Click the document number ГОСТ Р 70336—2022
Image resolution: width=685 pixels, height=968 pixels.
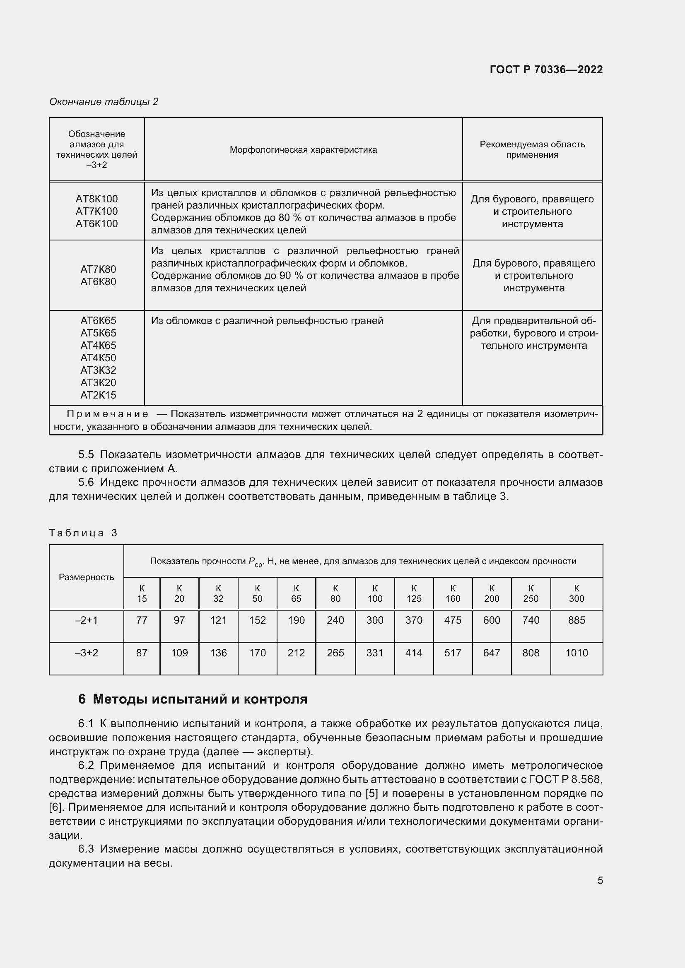[546, 70]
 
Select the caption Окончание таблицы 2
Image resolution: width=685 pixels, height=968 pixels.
[104, 102]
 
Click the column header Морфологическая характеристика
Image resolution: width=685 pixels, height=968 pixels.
[303, 150]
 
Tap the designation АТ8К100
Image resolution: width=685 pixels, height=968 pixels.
[96, 199]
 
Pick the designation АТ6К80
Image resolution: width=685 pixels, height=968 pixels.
[98, 282]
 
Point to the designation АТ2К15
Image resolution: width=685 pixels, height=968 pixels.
[98, 395]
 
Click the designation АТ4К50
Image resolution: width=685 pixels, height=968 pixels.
[98, 358]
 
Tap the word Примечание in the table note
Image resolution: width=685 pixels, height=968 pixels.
[108, 414]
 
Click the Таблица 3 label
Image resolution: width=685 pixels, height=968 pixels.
[83, 533]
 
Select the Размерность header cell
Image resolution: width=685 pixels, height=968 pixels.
[86, 577]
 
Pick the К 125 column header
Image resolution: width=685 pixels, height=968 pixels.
[413, 593]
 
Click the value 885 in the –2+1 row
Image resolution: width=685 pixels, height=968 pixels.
[576, 620]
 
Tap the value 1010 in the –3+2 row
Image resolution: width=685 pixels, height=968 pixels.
[576, 653]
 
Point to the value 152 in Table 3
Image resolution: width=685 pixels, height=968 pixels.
[257, 620]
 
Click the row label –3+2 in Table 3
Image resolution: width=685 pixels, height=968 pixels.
[86, 653]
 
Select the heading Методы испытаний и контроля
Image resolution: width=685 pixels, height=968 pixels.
[200, 699]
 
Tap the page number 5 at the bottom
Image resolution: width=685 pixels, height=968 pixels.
[600, 880]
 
